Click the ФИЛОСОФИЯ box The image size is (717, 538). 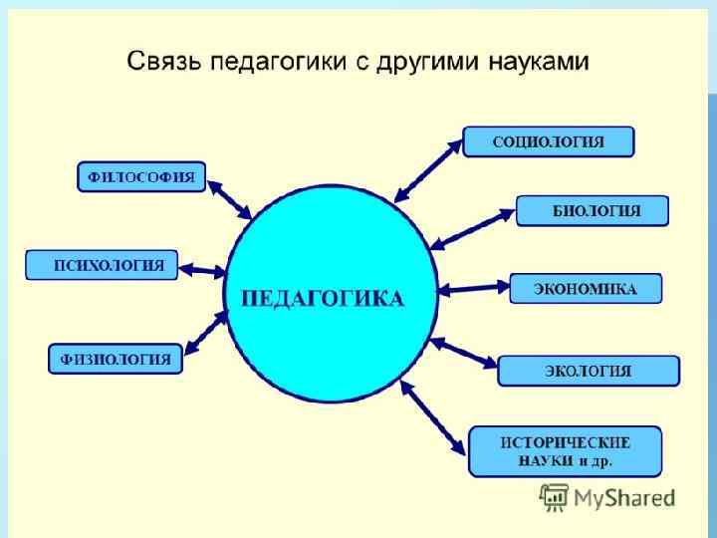coord(141,178)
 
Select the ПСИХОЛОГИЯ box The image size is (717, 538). coord(102,266)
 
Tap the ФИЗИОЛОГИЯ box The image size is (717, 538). coord(116,359)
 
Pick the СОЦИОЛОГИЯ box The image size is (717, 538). coord(549,142)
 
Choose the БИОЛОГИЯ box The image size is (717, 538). coord(593,211)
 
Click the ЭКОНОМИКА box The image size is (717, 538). coord(587,289)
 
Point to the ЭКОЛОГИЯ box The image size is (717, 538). coord(589,371)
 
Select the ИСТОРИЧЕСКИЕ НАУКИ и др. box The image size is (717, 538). coord(565,451)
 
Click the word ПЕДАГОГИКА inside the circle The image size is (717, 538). coord(324,299)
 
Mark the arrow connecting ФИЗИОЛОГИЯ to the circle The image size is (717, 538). coord(207,332)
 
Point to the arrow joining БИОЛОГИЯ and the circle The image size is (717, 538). coord(473,228)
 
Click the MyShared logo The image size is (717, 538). coord(607,496)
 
